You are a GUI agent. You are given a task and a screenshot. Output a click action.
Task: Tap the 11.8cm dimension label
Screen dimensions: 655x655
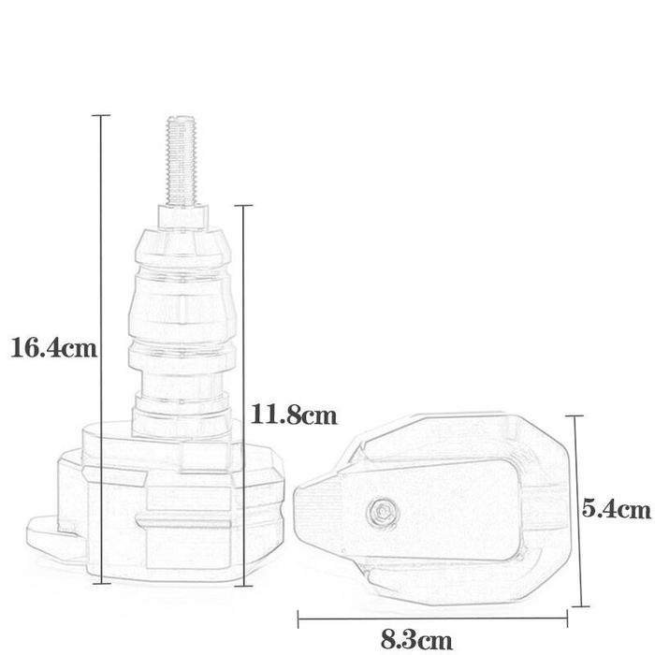tap(295, 414)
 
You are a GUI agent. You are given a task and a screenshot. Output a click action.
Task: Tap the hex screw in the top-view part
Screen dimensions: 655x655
tap(381, 511)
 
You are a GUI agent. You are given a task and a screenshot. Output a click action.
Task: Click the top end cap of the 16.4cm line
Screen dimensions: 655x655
tap(102, 115)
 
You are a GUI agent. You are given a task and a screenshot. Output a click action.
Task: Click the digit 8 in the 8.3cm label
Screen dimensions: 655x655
tap(387, 642)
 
